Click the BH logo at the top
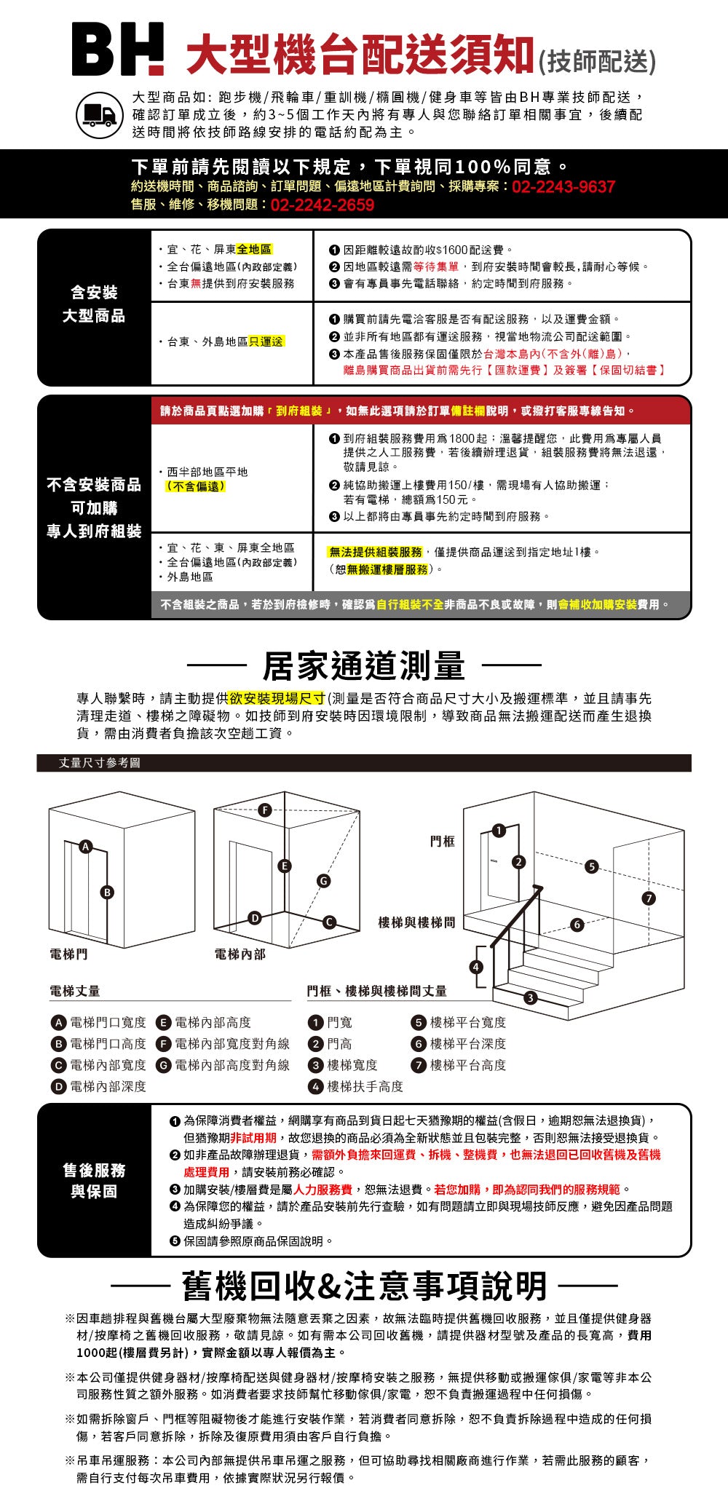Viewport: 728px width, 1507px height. [118, 50]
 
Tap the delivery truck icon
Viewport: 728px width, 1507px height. [100, 115]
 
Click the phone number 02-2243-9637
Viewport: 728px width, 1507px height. [563, 187]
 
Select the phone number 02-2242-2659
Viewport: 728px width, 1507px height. [323, 205]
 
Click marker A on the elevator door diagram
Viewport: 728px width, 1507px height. [86, 846]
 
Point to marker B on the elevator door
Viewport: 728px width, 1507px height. [108, 892]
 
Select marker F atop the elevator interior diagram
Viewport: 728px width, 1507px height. [265, 810]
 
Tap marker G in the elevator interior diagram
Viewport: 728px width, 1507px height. [323, 881]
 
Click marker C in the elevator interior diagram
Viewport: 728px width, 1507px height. [329, 922]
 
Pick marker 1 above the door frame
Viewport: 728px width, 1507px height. [499, 831]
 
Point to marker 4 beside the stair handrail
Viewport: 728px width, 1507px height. [476, 967]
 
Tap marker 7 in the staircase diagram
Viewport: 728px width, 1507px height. [649, 898]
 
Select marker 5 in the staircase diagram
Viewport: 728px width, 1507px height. [592, 866]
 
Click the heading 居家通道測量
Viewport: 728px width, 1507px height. [363, 665]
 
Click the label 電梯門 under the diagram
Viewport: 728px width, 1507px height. [68, 954]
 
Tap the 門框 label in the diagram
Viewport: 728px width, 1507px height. [443, 841]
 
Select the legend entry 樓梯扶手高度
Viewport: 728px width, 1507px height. [365, 1086]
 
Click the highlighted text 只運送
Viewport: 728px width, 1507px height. [266, 341]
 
